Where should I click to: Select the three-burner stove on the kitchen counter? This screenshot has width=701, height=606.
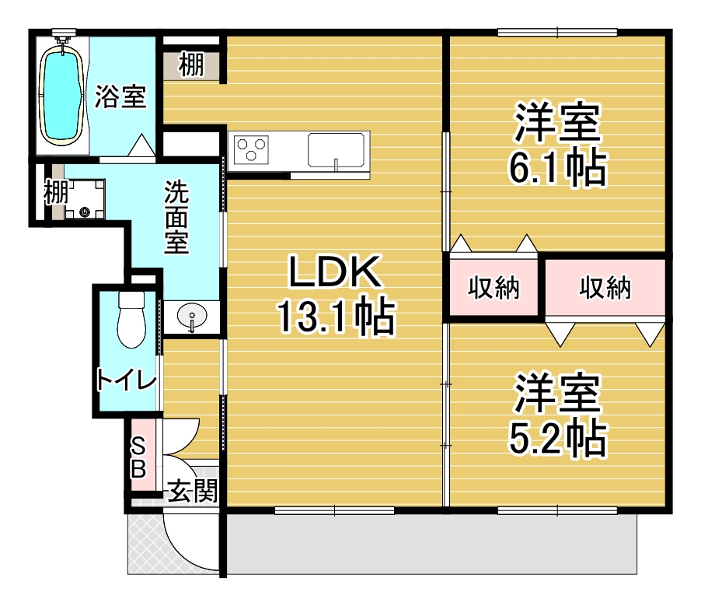click(252, 148)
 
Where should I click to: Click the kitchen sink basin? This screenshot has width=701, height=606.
click(336, 150)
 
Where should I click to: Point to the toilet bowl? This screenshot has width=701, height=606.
click(131, 320)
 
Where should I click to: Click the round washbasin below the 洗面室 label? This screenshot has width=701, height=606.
click(192, 315)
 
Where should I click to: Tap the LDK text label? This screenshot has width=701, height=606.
click(335, 271)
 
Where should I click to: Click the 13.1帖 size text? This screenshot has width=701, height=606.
click(337, 317)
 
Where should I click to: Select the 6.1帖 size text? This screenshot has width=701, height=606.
click(557, 168)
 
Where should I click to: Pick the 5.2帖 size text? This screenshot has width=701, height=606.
click(557, 438)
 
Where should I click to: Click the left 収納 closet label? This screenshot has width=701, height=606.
click(494, 287)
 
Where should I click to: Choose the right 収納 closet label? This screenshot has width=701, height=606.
click(605, 287)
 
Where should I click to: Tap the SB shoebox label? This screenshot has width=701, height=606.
click(138, 457)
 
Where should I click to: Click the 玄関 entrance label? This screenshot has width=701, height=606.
click(193, 491)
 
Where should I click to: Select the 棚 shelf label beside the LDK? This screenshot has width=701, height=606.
click(191, 65)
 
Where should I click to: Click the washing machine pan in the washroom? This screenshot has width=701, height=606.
click(85, 199)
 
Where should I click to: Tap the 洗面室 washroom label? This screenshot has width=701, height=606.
click(176, 217)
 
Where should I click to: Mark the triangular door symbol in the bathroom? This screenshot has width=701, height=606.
click(142, 145)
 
